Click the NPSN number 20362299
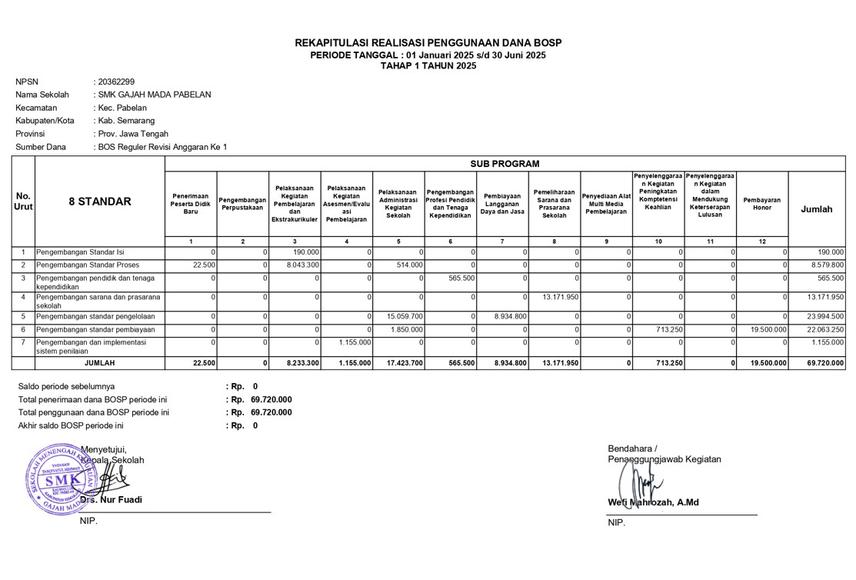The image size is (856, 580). tap(115, 82)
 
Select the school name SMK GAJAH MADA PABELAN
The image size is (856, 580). tap(153, 95)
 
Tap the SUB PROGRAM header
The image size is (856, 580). tap(505, 164)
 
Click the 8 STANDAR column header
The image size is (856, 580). tap(100, 202)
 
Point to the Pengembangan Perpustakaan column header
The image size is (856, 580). tap(243, 204)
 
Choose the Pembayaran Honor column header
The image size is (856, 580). tap(762, 204)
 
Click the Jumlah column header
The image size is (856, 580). tap(817, 209)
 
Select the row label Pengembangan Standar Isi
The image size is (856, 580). tap(81, 252)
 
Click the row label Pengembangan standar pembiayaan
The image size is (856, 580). tap(96, 329)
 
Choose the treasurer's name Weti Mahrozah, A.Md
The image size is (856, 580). tap(653, 502)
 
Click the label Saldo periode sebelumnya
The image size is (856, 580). tap(67, 386)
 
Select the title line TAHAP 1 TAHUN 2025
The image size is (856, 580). tap(428, 66)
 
